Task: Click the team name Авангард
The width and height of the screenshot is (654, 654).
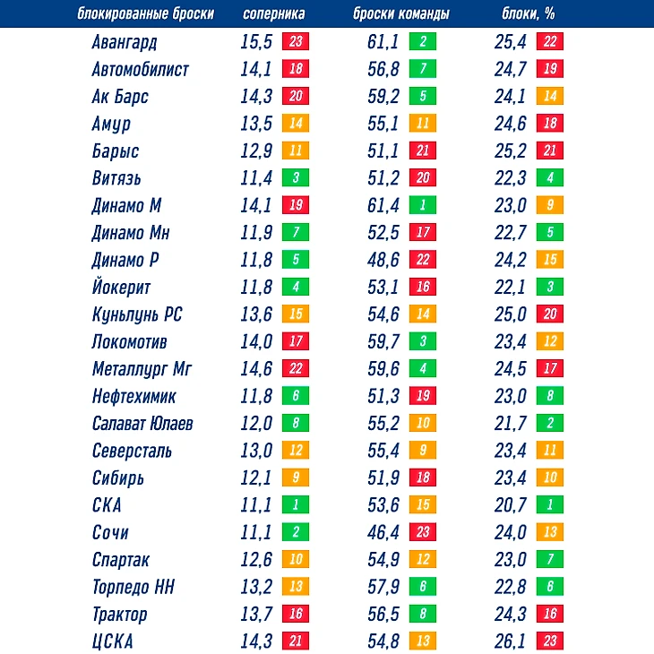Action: (x=125, y=42)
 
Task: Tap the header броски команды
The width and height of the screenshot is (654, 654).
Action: (x=401, y=14)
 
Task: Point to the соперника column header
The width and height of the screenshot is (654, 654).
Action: (x=274, y=14)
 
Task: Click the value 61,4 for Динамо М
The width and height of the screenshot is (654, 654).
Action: (x=383, y=205)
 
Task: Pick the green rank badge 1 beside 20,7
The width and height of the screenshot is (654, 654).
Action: (x=549, y=505)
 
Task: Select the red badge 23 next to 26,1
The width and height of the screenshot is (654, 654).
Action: (x=549, y=641)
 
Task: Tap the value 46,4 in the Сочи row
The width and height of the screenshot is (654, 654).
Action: (x=383, y=532)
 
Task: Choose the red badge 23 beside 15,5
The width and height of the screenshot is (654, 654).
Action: (x=296, y=42)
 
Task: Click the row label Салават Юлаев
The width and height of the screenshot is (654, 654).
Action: (x=142, y=423)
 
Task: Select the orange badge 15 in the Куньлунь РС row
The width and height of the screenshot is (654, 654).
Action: (x=296, y=314)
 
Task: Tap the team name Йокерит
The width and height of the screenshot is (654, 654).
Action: (x=121, y=288)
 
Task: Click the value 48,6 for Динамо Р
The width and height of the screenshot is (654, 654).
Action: (x=383, y=260)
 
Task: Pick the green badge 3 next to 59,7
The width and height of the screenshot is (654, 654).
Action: (x=422, y=341)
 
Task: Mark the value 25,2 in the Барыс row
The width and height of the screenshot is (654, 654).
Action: (x=511, y=151)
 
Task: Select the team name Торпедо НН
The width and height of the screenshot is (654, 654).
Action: (x=133, y=587)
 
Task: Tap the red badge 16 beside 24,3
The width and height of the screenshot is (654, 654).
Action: (x=549, y=615)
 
